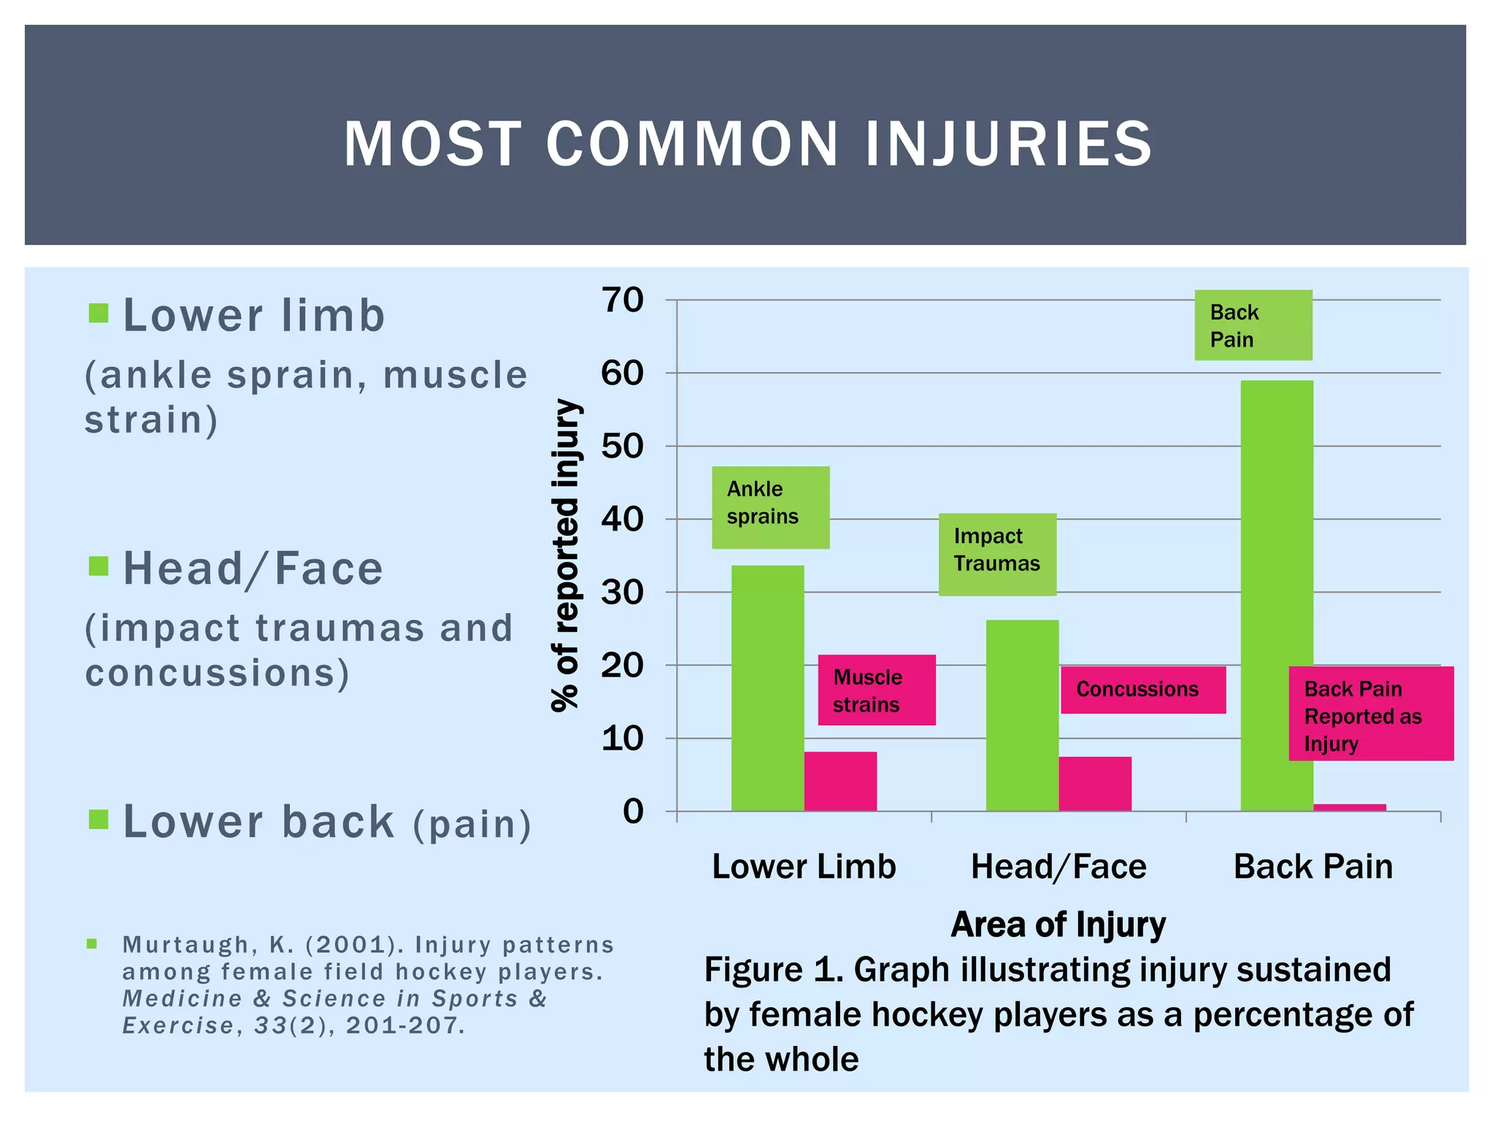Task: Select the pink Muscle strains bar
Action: click(840, 781)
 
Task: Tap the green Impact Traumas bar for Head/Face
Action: click(1022, 715)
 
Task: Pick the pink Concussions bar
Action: click(1095, 784)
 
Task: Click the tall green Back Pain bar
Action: click(1277, 595)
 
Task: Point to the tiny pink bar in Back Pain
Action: click(1350, 807)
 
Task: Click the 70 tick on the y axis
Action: click(622, 300)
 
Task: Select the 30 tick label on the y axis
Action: click(622, 593)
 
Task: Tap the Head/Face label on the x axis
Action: click(1058, 867)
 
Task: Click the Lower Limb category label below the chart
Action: click(804, 867)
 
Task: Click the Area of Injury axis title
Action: click(1058, 924)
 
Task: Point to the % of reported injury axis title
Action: click(566, 555)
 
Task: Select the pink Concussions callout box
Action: click(1142, 690)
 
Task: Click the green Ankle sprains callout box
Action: click(770, 507)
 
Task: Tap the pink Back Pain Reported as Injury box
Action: click(1370, 714)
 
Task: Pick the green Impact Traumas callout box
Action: click(997, 554)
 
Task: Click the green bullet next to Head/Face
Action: click(98, 566)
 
